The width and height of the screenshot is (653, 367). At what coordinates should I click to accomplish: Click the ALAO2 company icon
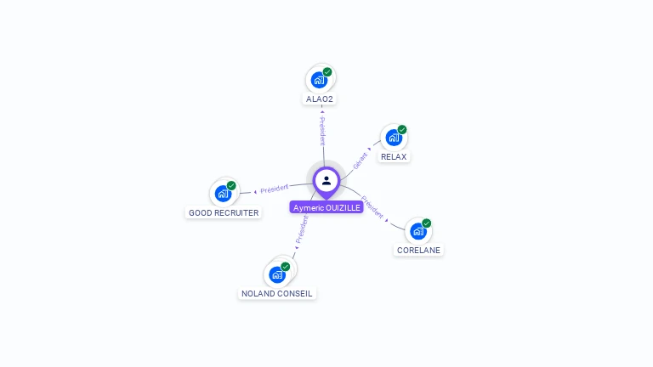pyautogui.click(x=319, y=80)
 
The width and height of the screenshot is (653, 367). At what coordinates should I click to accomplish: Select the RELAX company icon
pyautogui.click(x=394, y=138)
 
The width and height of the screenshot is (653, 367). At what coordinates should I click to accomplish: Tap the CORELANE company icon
pyautogui.click(x=417, y=231)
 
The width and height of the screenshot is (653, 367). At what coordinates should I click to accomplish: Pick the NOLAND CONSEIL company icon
pyautogui.click(x=276, y=274)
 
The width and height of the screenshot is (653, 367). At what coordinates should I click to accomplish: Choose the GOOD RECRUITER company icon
pyautogui.click(x=223, y=194)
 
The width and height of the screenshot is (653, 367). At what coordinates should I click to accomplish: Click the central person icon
pyautogui.click(x=326, y=181)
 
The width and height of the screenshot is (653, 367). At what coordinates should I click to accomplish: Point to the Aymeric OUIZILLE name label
pyautogui.click(x=326, y=207)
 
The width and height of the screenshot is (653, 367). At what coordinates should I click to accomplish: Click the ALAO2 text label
pyautogui.click(x=320, y=99)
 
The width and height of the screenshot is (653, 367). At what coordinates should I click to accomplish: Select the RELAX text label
pyautogui.click(x=394, y=157)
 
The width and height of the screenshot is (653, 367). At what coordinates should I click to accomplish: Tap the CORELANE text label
pyautogui.click(x=418, y=251)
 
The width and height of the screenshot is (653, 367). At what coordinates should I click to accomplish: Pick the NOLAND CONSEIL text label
pyautogui.click(x=277, y=294)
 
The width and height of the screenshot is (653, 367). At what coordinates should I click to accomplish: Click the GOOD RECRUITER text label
pyautogui.click(x=224, y=213)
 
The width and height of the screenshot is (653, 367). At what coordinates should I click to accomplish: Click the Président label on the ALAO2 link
pyautogui.click(x=322, y=129)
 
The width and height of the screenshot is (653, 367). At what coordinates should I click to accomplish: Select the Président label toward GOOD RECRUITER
pyautogui.click(x=274, y=188)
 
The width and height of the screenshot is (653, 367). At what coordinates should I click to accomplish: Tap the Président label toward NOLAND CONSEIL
pyautogui.click(x=301, y=230)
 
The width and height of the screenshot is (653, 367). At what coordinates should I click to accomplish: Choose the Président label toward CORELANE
pyautogui.click(x=373, y=208)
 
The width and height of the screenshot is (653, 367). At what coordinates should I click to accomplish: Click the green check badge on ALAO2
pyautogui.click(x=327, y=72)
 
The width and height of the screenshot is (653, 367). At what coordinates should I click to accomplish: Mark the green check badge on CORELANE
pyautogui.click(x=426, y=223)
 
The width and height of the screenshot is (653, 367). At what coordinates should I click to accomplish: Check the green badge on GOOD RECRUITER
pyautogui.click(x=231, y=186)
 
